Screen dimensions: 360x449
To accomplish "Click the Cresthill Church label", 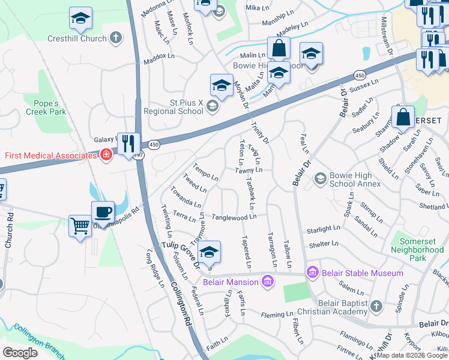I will point(77,38).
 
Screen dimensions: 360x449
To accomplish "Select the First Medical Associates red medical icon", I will point(106,155).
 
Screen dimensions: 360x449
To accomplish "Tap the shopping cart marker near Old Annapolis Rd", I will point(80,227).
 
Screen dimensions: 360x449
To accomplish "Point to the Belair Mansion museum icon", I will point(268,281).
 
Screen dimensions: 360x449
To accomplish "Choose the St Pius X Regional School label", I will point(174,106).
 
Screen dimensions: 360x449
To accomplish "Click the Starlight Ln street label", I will point(323,229).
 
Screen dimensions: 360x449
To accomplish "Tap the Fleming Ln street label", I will point(276,314).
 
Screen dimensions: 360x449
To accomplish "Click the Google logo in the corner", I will point(20,352).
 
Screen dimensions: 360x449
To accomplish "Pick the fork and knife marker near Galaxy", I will point(128,144).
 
